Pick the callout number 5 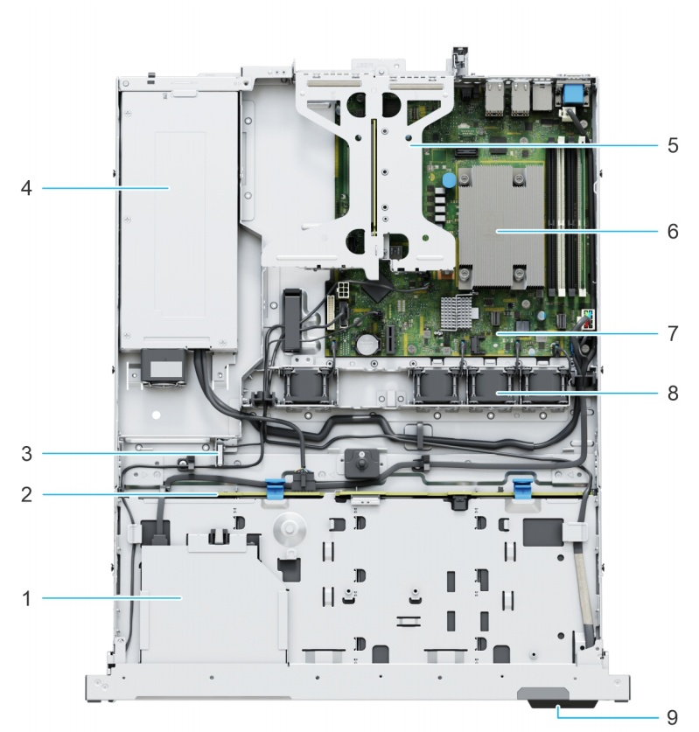(672, 145)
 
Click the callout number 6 (672, 232)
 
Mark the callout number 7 (672, 333)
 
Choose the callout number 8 (672, 394)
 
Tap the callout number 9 (672, 717)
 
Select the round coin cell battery (364, 343)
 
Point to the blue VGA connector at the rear (574, 94)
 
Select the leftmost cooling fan (308, 391)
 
